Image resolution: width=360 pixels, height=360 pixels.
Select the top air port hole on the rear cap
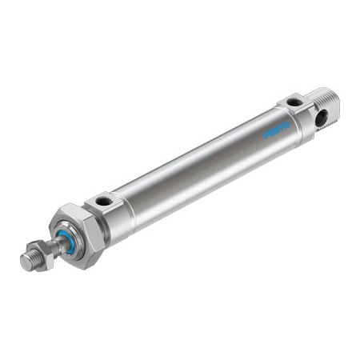[x=294, y=102]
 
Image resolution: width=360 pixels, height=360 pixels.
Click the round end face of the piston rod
[x=24, y=263]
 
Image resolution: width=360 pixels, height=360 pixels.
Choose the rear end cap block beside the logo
[x=297, y=116]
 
